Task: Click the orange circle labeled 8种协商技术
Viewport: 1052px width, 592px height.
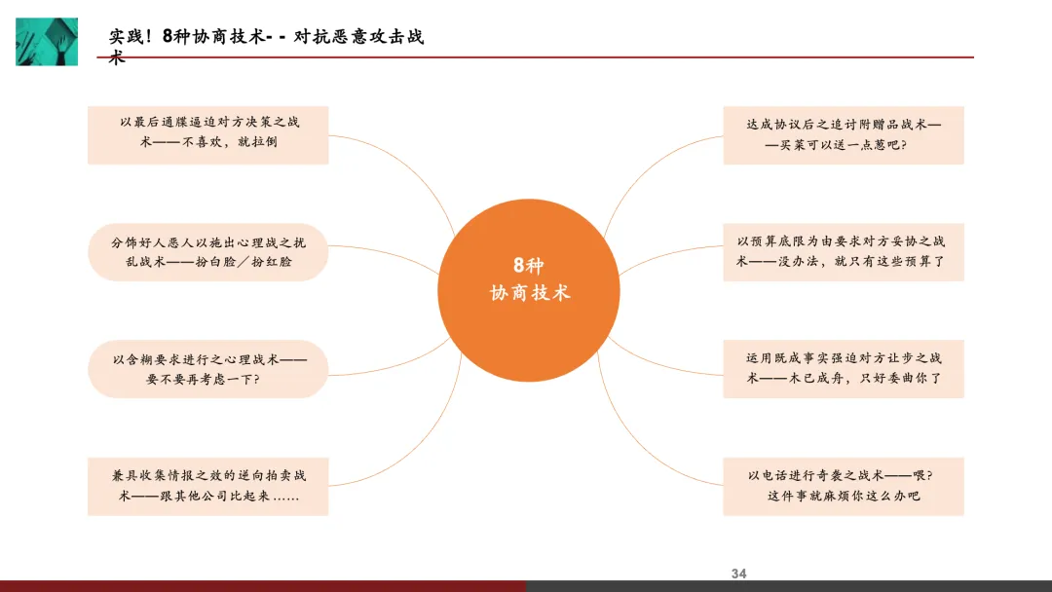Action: pyautogui.click(x=528, y=278)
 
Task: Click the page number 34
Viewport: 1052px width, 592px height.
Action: pyautogui.click(x=738, y=573)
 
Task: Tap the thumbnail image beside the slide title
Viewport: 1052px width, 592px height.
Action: pyautogui.click(x=47, y=41)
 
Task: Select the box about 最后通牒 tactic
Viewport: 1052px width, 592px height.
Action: pyautogui.click(x=207, y=134)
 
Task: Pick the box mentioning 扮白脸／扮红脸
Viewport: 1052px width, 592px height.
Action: pyautogui.click(x=207, y=251)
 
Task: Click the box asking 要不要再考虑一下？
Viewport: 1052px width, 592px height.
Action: pyautogui.click(x=207, y=368)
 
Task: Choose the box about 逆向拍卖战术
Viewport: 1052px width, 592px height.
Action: pyautogui.click(x=207, y=486)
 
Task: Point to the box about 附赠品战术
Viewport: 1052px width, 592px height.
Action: pyautogui.click(x=843, y=134)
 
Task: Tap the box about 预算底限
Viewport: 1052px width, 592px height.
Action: pyautogui.click(x=843, y=251)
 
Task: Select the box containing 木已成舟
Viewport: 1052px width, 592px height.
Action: pyautogui.click(x=843, y=368)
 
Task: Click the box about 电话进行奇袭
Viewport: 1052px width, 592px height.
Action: pyautogui.click(x=843, y=486)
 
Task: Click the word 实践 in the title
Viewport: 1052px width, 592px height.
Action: pyautogui.click(x=127, y=37)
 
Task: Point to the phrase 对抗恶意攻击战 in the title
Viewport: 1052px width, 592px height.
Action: pyautogui.click(x=358, y=37)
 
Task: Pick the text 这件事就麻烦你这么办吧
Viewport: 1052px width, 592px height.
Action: pyautogui.click(x=843, y=497)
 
